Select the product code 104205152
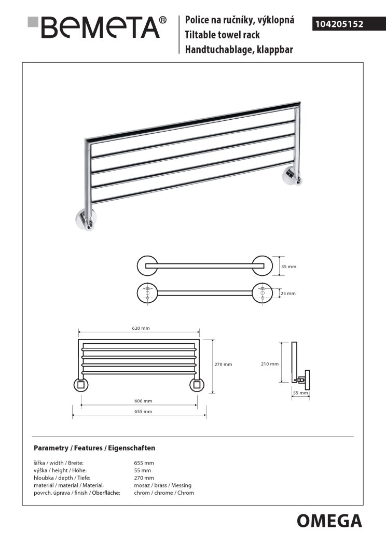coord(338,24)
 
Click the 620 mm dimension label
coord(141,329)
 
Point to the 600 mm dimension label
coord(144,401)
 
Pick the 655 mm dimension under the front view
coord(144,411)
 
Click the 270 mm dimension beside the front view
coord(224,365)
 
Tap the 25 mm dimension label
coord(288,293)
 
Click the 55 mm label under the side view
coord(300,393)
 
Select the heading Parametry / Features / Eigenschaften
coord(94,447)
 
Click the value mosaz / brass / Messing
coord(162,485)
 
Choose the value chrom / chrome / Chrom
coord(164,493)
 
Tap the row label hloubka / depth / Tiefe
coord(59,478)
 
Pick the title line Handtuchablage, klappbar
coord(240,50)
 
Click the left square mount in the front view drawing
coord(81,385)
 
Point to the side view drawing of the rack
coord(299,363)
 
